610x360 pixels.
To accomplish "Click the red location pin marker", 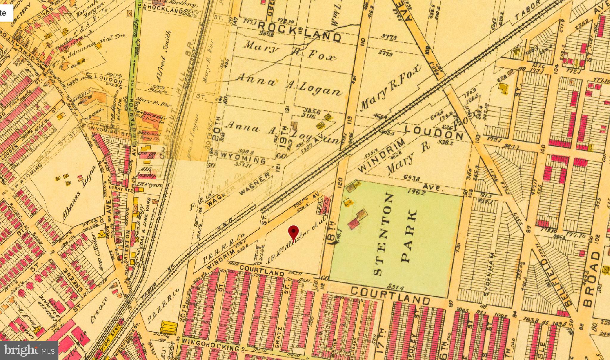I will click(x=294, y=233).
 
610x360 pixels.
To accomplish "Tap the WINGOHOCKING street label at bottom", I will click(x=210, y=348).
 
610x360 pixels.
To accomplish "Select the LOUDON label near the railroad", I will click(x=434, y=133).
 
